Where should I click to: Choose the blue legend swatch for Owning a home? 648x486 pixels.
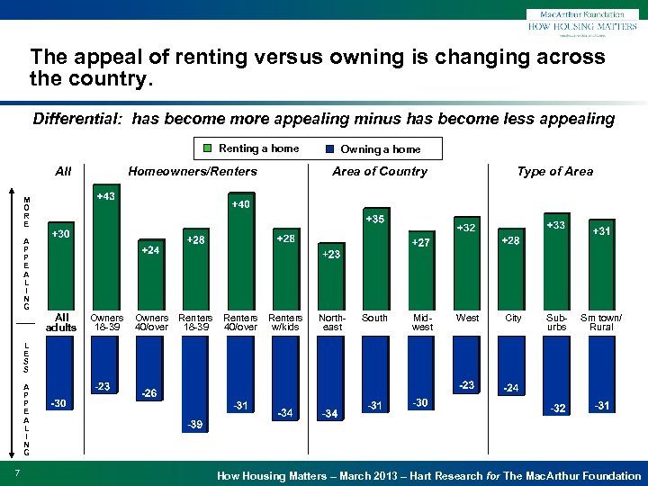click(x=329, y=149)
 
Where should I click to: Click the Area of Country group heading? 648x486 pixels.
click(x=380, y=171)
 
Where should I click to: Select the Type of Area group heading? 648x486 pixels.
click(x=554, y=171)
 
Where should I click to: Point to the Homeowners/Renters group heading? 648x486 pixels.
click(x=193, y=171)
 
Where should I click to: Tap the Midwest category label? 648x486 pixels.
click(x=421, y=322)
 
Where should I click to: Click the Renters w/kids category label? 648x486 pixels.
click(x=285, y=322)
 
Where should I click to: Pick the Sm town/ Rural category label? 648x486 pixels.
click(x=600, y=322)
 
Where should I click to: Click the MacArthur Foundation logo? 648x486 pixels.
click(x=581, y=21)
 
